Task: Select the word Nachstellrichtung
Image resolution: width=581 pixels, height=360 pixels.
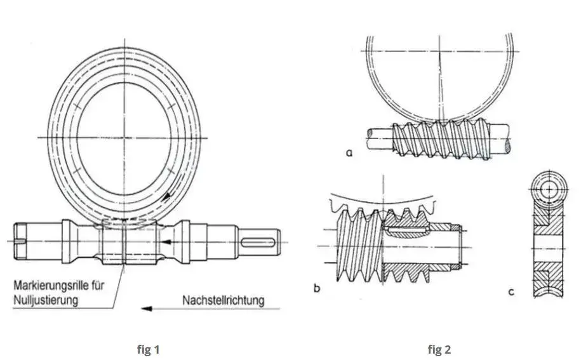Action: pyautogui.click(x=222, y=299)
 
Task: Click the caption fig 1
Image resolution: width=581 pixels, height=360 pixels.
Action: pyautogui.click(x=148, y=349)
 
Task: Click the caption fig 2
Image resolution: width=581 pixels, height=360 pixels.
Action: pyautogui.click(x=439, y=349)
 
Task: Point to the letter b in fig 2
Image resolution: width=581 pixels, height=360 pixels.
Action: pyautogui.click(x=316, y=290)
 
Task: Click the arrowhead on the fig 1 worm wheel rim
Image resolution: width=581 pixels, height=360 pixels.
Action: pyautogui.click(x=166, y=196)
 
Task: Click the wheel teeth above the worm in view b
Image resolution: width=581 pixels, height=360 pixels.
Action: pyautogui.click(x=381, y=206)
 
